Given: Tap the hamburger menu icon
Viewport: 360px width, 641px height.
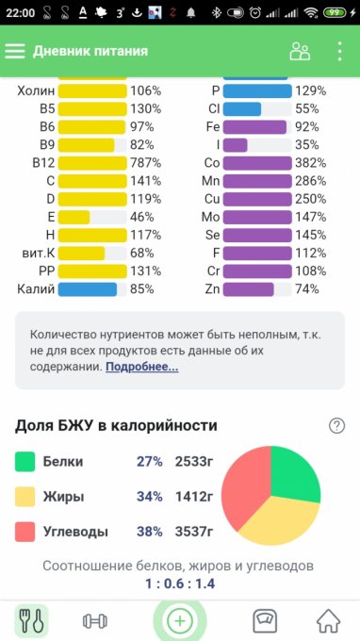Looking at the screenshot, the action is (x=15, y=51).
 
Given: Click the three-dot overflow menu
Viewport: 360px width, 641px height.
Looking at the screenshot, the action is (x=340, y=51).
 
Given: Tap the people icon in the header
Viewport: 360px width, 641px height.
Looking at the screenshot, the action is (x=300, y=52).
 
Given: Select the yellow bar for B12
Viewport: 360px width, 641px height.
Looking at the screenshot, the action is (x=92, y=163).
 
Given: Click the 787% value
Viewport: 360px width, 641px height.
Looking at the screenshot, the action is (x=145, y=163).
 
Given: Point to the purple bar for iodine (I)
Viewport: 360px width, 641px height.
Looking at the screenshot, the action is (x=236, y=145).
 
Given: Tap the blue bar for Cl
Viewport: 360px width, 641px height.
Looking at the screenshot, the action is (x=242, y=109).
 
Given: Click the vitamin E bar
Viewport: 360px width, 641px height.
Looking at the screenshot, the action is (x=74, y=217).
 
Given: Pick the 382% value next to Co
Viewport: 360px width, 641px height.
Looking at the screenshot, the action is (x=311, y=163).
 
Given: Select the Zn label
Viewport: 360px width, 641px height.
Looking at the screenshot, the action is (x=212, y=289).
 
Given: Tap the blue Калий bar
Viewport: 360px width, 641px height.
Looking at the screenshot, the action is (x=88, y=289).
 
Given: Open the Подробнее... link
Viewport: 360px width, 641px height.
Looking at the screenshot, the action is (x=141, y=367).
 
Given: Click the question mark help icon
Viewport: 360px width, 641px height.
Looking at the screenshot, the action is (x=336, y=426).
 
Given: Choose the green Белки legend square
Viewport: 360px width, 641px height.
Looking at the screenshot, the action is (x=25, y=462).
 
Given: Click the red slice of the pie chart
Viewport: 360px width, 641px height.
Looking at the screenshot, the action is (x=244, y=485).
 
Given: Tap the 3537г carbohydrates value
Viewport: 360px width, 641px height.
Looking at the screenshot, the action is (x=194, y=532).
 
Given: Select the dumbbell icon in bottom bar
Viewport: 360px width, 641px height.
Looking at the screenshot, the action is (x=95, y=621).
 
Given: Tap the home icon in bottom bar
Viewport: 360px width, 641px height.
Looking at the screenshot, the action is (x=329, y=621).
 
